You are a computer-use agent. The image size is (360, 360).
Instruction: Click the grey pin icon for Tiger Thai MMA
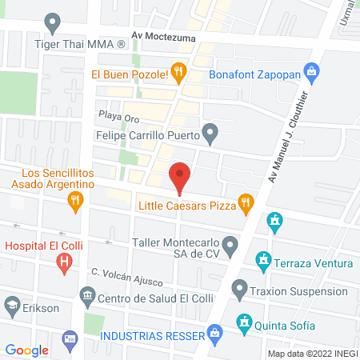pyautogui.click(x=53, y=23)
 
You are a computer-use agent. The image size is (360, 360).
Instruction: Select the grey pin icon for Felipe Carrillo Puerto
pyautogui.click(x=210, y=134)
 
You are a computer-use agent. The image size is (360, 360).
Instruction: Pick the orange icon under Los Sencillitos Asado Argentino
pyautogui.click(x=76, y=200)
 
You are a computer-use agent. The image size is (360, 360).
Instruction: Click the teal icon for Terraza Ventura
pyautogui.click(x=262, y=261)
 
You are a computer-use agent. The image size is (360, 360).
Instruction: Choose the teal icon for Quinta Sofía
pyautogui.click(x=242, y=324)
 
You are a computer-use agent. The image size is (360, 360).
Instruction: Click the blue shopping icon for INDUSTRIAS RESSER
pyautogui.click(x=214, y=331)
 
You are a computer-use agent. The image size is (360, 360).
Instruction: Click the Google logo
pyautogui.click(x=27, y=350)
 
